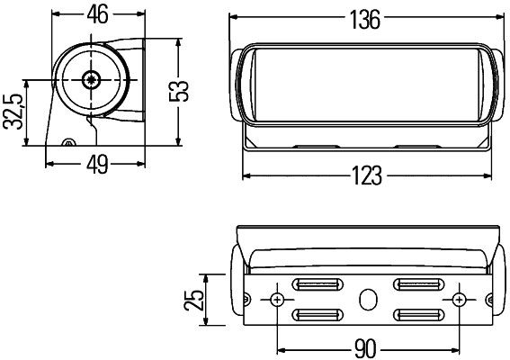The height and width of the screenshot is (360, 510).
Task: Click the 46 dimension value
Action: coord(97,14)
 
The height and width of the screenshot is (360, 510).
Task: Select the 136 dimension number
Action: coord(364,20)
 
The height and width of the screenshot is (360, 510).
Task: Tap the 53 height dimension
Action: coord(179,92)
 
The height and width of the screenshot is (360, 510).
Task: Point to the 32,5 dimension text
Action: coord(13,112)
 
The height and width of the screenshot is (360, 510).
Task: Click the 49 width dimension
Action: coord(97,165)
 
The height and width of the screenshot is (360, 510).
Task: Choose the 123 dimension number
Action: coord(367,176)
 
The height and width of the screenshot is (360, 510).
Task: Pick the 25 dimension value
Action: coord(194,300)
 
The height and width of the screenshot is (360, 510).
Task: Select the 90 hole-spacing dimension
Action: coord(365,348)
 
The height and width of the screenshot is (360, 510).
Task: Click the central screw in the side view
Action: coord(92,79)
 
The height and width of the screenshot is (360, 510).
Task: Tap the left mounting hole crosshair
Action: coord(277,300)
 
